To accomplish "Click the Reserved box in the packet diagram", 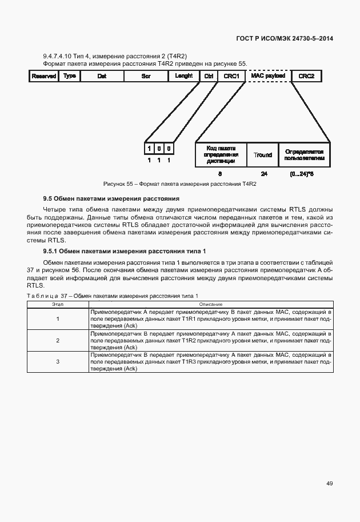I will (43, 76).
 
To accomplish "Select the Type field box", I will (70, 76).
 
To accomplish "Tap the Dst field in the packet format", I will (102, 76).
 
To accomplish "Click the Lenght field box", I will (183, 76).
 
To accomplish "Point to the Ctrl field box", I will (209, 76).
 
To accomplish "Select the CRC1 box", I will (231, 76).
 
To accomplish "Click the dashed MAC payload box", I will (267, 76).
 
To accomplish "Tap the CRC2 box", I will (306, 76).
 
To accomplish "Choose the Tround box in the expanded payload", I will (263, 155).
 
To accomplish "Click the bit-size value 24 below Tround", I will (264, 173).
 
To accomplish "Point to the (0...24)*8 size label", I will (302, 173).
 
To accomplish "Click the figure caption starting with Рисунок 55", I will (179, 184).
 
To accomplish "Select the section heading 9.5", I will (111, 199).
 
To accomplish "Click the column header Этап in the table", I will (58, 304).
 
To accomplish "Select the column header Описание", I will (210, 304).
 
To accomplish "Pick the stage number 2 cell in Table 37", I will (58, 340).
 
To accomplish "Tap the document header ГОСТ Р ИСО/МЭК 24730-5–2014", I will (285, 39).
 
